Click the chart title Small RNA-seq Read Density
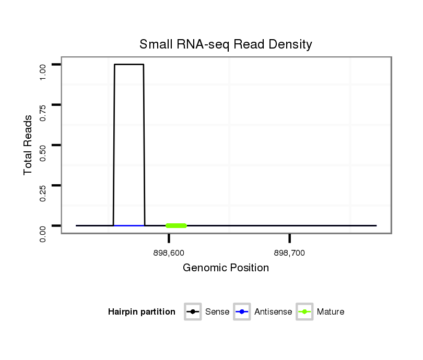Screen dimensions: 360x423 coord(226,44)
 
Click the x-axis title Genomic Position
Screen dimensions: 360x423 coord(226,268)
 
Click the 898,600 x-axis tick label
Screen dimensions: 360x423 coord(169,253)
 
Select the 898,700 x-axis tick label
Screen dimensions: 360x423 coord(289,253)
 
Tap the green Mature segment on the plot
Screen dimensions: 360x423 coord(176,225)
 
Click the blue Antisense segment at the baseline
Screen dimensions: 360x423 coord(129,225)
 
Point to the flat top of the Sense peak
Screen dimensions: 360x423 coord(129,65)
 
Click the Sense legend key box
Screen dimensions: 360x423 coord(193,312)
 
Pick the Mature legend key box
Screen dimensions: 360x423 coord(304,312)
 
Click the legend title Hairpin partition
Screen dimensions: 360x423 coord(142,312)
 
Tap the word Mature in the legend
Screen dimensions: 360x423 coord(331,312)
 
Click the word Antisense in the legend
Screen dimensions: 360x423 coord(273,312)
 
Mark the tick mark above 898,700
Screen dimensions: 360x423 coord(289,238)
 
